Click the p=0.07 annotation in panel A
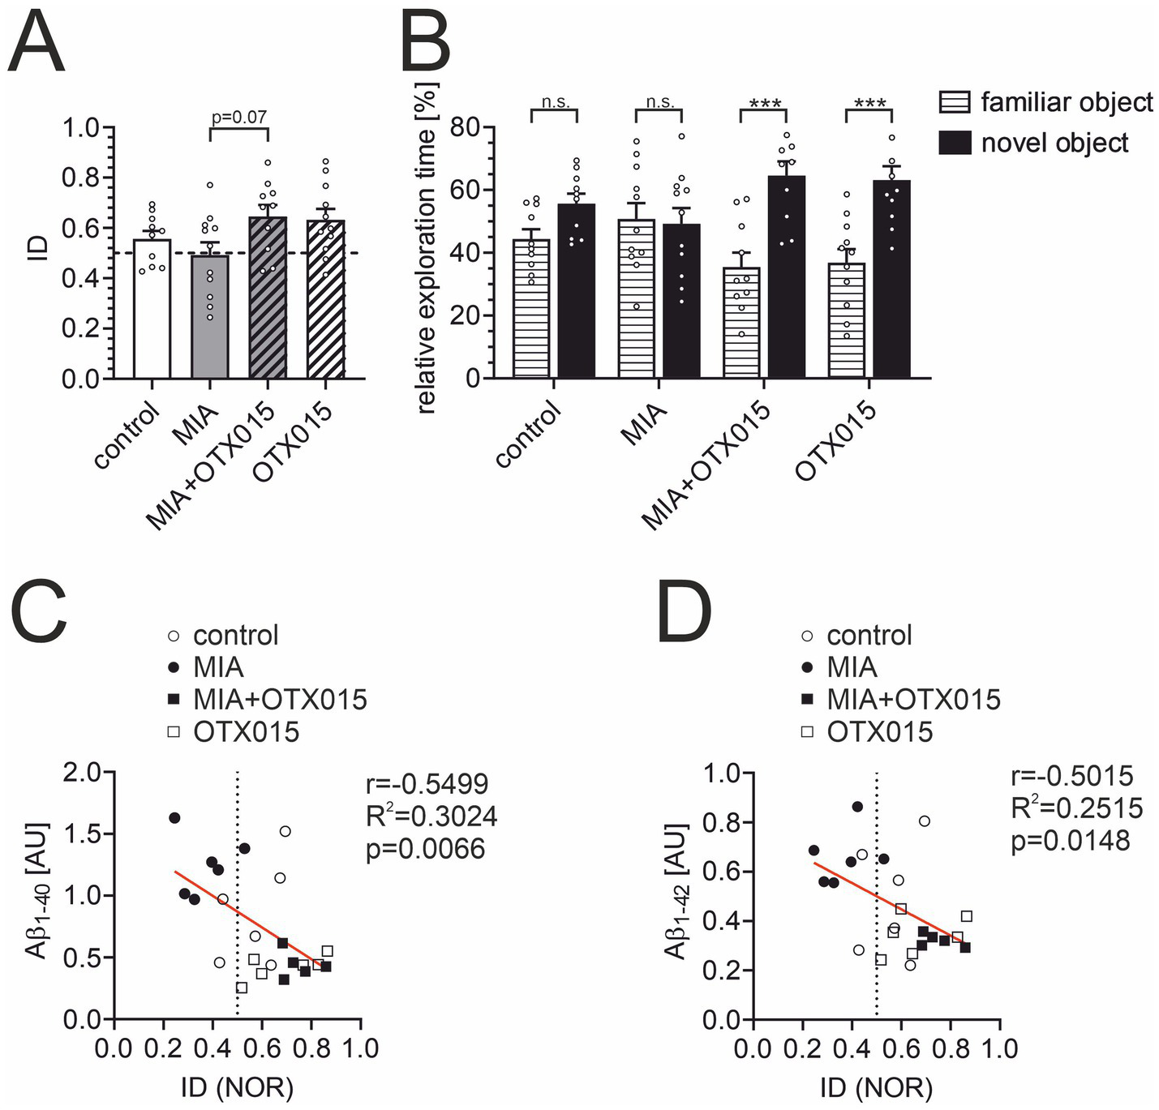[238, 117]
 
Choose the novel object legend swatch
[955, 143]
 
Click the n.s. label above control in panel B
[555, 102]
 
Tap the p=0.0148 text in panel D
[1070, 841]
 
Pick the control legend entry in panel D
[869, 635]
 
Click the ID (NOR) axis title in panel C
[237, 1087]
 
